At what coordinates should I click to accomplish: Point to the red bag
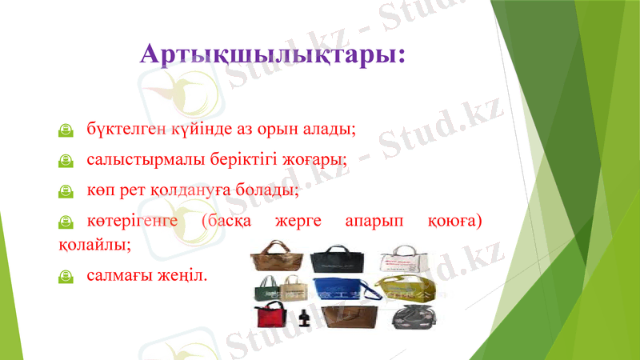click(x=273, y=318)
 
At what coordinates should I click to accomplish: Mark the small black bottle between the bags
click(x=304, y=322)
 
